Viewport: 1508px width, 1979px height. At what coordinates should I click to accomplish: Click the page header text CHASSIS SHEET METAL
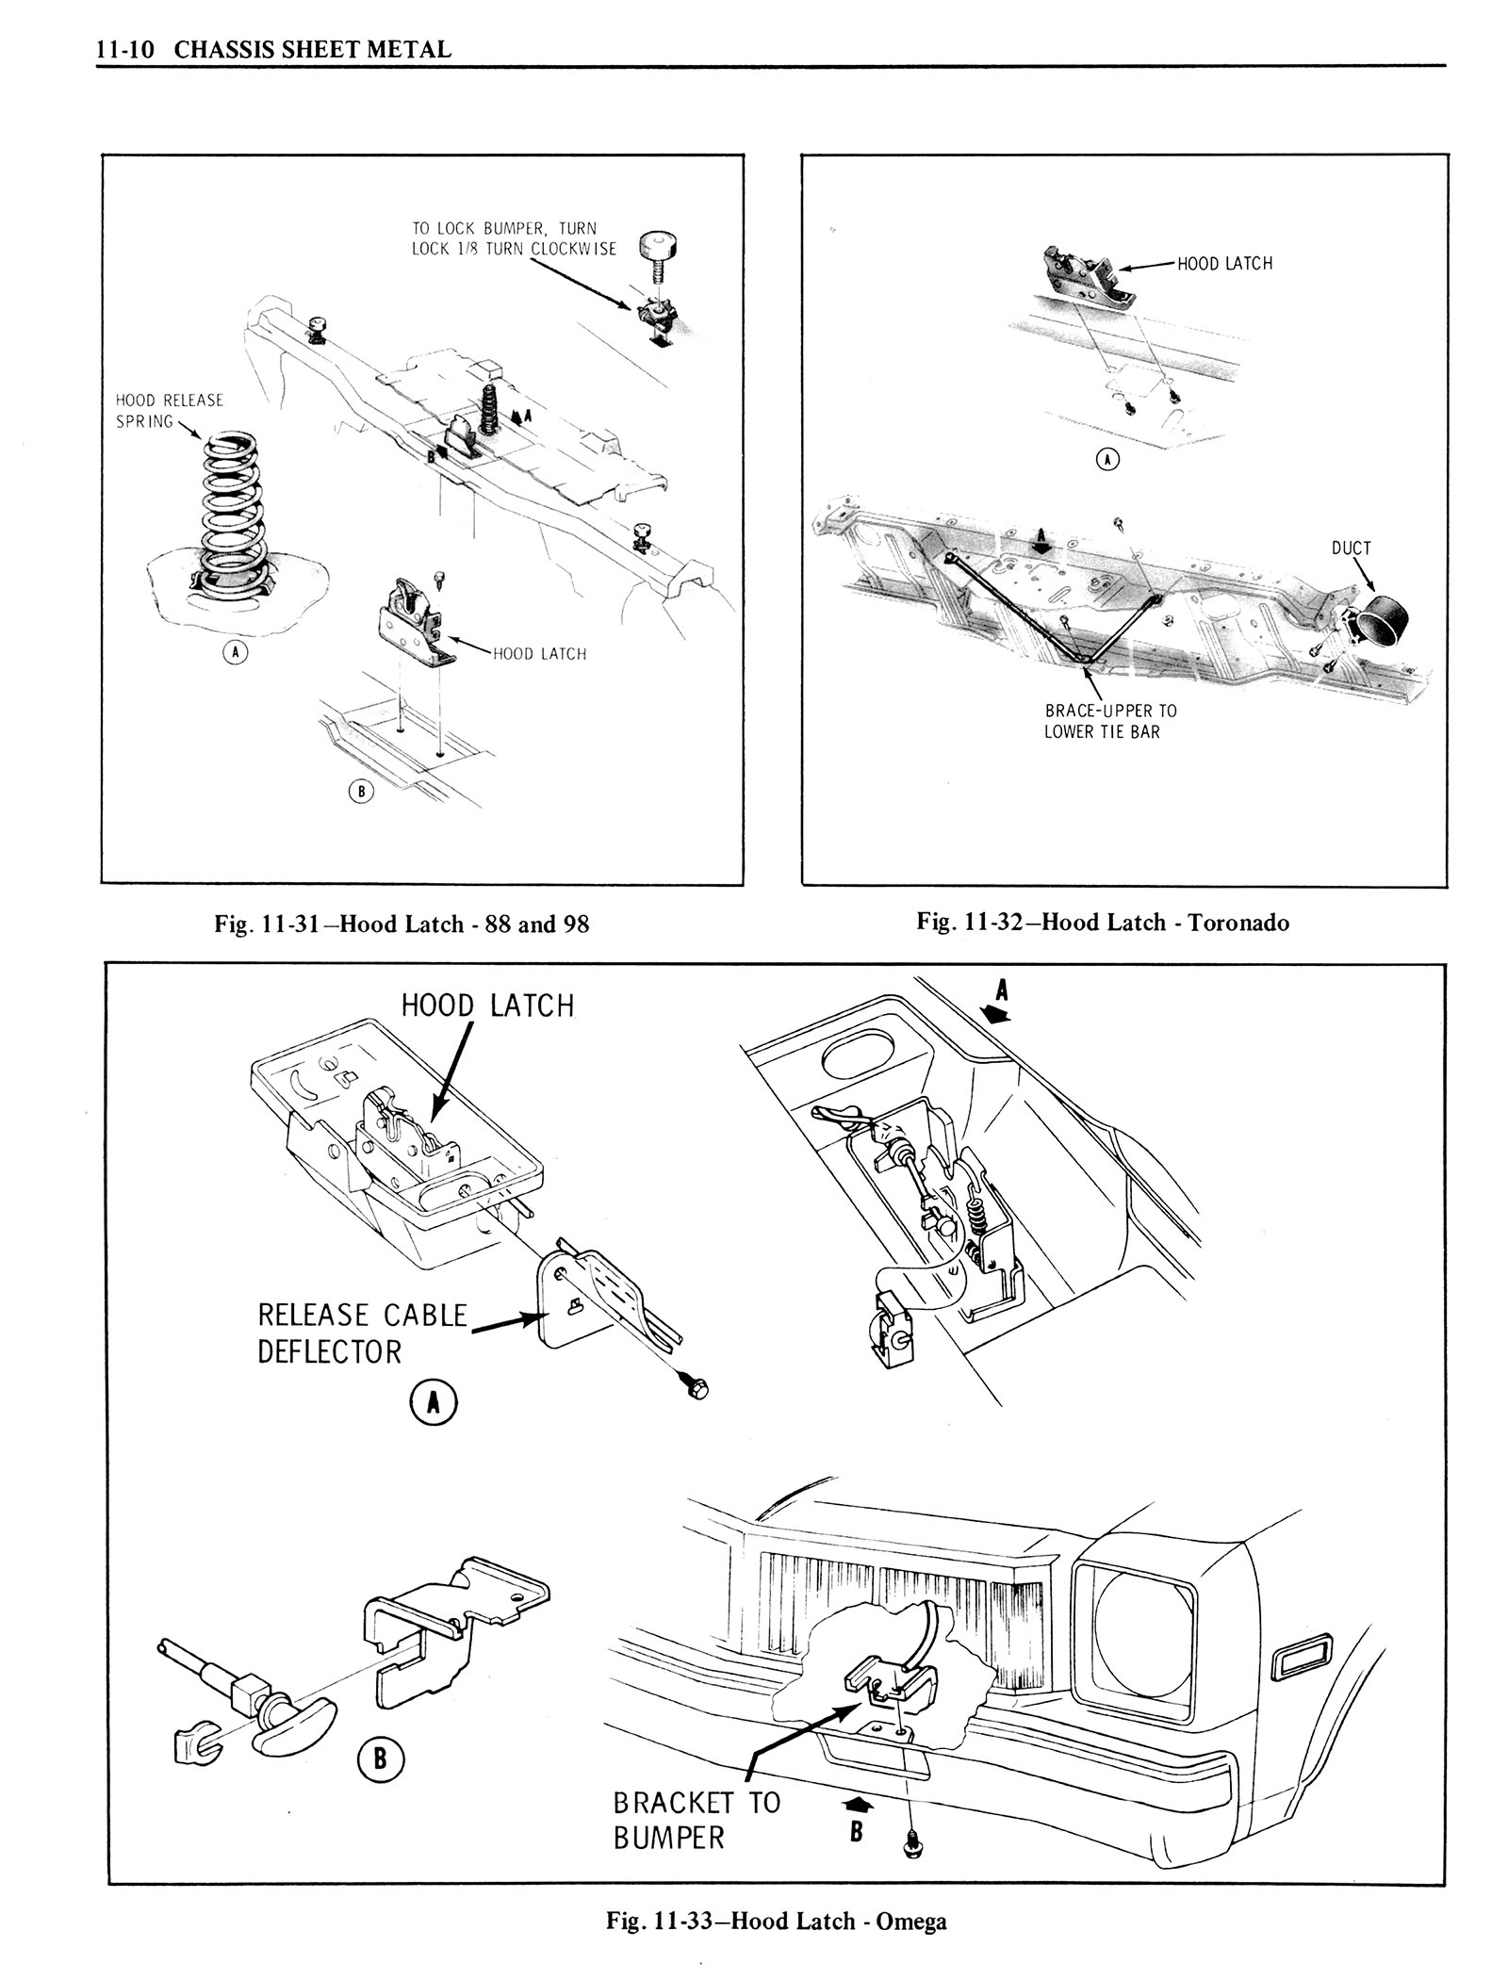(x=313, y=50)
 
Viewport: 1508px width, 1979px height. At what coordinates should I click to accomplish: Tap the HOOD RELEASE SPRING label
(x=170, y=411)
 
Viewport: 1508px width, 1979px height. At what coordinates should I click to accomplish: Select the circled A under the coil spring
(x=235, y=651)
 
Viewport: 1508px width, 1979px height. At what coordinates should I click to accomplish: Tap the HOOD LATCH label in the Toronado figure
(x=1225, y=264)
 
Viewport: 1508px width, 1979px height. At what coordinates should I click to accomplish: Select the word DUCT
(x=1352, y=548)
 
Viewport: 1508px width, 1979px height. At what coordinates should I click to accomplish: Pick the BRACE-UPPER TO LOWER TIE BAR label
(x=1110, y=721)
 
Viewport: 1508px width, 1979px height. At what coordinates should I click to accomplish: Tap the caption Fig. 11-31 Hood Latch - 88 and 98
(x=402, y=924)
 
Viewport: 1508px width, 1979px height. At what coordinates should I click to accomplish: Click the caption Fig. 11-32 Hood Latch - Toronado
(x=1103, y=922)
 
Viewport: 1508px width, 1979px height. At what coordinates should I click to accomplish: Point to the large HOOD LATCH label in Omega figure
(x=487, y=1006)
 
